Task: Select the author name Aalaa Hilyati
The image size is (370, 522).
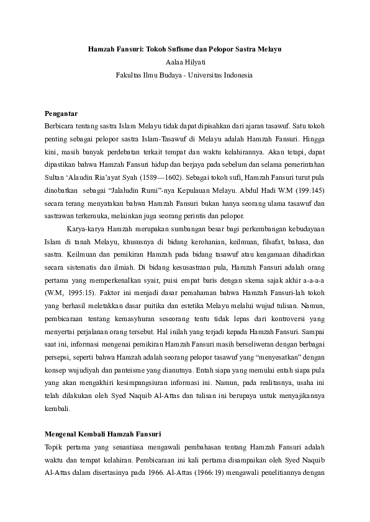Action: (x=184, y=62)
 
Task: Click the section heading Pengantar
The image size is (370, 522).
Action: (x=61, y=113)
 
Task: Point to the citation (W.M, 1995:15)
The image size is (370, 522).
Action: (x=70, y=293)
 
